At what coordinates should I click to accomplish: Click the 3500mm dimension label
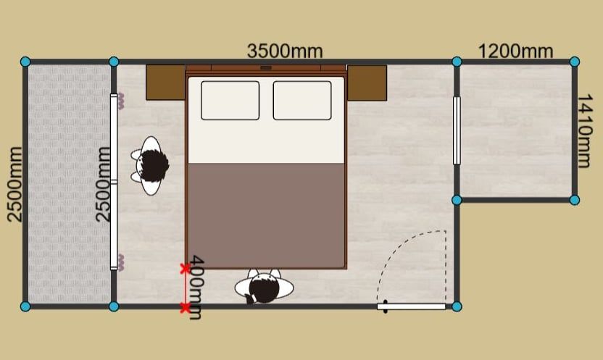pos(285,51)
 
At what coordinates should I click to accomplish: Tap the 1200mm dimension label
pos(515,51)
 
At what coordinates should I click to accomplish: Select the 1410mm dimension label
pos(585,131)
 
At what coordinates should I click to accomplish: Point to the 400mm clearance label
pos(196,288)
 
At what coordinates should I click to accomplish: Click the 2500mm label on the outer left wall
pos(15,184)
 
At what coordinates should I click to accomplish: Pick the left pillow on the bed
pos(230,100)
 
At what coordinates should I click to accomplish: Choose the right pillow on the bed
pos(302,100)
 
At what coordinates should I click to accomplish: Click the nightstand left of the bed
pos(166,83)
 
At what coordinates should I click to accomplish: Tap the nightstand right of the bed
pos(367,83)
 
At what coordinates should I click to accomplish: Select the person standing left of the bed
pos(151,166)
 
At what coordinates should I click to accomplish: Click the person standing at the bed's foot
pos(265,287)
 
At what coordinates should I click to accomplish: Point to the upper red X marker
pos(185,269)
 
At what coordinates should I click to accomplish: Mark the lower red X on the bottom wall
pos(185,308)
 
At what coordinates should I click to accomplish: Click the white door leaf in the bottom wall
pos(411,306)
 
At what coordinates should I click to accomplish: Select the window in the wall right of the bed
pos(457,130)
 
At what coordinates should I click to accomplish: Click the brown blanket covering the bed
pos(266,216)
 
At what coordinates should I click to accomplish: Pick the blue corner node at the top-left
pos(25,62)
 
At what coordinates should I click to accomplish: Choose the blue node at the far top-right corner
pos(575,62)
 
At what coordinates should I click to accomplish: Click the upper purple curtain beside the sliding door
pos(121,101)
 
